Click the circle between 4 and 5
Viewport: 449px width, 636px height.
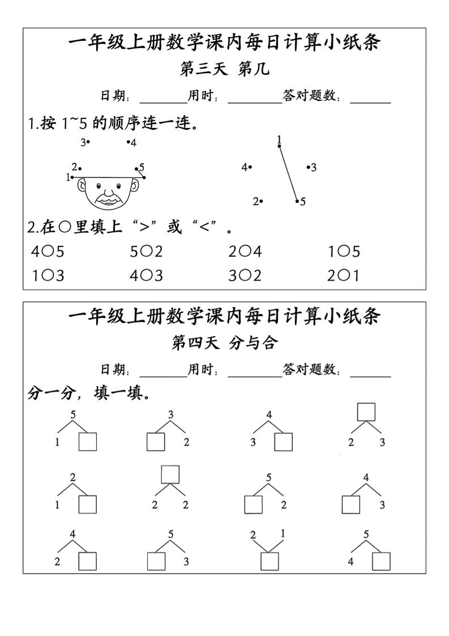click(x=48, y=252)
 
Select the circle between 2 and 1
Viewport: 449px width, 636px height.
click(x=344, y=276)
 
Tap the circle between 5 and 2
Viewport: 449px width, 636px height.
click(x=146, y=252)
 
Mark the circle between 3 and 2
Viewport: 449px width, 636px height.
click(x=245, y=276)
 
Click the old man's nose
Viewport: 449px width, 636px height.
click(x=108, y=192)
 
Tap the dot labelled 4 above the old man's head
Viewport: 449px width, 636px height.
click(x=128, y=142)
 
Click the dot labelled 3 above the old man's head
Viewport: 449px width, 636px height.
click(x=88, y=142)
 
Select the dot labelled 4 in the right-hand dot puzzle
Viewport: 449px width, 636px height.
click(x=250, y=167)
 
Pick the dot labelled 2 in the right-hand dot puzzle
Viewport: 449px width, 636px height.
click(x=262, y=201)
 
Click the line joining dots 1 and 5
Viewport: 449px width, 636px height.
click(x=288, y=173)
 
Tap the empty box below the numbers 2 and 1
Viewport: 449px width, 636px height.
click(x=270, y=561)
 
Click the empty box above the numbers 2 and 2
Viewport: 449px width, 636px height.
click(x=170, y=474)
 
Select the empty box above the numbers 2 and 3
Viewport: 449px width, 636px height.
click(x=366, y=412)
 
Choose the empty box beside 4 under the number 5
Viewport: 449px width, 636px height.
click(x=381, y=561)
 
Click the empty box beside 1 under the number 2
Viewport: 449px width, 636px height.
click(x=88, y=505)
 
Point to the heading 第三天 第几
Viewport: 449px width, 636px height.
click(x=224, y=69)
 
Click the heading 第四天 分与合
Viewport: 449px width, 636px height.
click(x=224, y=343)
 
